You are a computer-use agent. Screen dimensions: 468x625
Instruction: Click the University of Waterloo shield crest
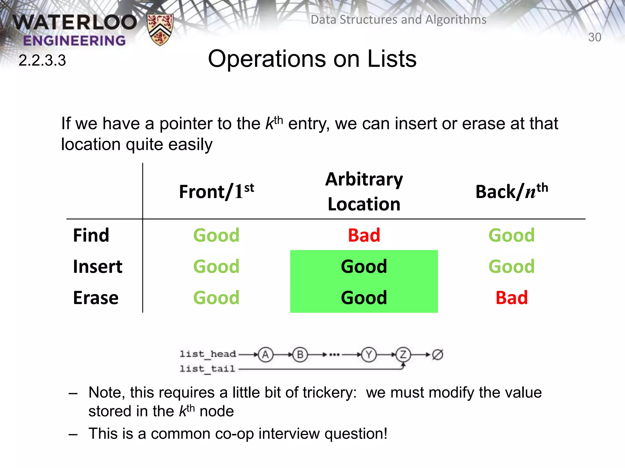pyautogui.click(x=160, y=30)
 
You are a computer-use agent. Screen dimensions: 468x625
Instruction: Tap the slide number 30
pyautogui.click(x=594, y=37)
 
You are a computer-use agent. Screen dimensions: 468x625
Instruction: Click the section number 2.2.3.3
pyautogui.click(x=42, y=60)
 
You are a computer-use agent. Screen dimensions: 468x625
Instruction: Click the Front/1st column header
pyautogui.click(x=216, y=192)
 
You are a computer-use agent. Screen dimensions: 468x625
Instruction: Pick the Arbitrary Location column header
pyautogui.click(x=364, y=191)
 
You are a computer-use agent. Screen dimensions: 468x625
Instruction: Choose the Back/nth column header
pyautogui.click(x=511, y=192)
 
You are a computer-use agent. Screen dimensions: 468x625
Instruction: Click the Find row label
pyautogui.click(x=91, y=235)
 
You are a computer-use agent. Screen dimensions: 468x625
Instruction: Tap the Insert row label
pyautogui.click(x=98, y=267)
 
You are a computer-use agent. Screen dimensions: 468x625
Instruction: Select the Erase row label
pyautogui.click(x=96, y=298)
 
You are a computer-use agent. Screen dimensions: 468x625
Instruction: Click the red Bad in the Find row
pyautogui.click(x=364, y=235)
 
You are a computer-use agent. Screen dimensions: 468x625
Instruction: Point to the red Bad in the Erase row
pyautogui.click(x=511, y=298)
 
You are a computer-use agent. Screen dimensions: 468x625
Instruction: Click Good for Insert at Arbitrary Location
pyautogui.click(x=364, y=266)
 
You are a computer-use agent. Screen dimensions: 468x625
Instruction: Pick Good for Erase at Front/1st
pyautogui.click(x=216, y=298)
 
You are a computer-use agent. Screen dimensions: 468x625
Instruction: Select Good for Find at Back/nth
pyautogui.click(x=511, y=235)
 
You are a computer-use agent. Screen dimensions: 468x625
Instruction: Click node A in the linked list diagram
pyautogui.click(x=266, y=355)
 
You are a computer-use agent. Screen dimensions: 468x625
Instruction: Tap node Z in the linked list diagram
pyautogui.click(x=403, y=355)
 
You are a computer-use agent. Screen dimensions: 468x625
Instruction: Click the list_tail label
pyautogui.click(x=207, y=369)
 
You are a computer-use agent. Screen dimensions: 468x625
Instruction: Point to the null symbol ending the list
pyautogui.click(x=437, y=355)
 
